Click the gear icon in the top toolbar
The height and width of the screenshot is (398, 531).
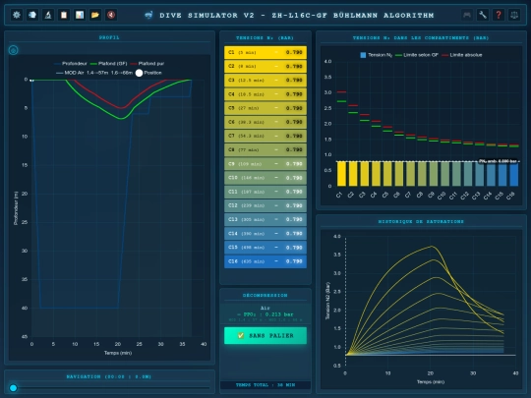click(17, 15)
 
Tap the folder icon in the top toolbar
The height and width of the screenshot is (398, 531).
click(95, 15)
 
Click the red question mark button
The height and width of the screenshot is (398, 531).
click(499, 15)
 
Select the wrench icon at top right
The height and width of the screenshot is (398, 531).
click(483, 15)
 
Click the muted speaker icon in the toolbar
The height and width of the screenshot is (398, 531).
click(111, 15)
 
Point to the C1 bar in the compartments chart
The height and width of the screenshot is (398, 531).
click(341, 173)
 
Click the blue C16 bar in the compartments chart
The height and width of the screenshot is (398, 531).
click(512, 173)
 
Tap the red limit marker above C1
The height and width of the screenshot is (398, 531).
click(341, 92)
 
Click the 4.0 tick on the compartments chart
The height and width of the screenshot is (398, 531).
click(327, 61)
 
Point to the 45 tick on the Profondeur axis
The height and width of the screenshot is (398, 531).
click(26, 336)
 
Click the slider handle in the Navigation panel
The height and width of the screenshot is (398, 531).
click(12, 387)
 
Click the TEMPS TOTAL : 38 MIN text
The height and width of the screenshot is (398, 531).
click(265, 384)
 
